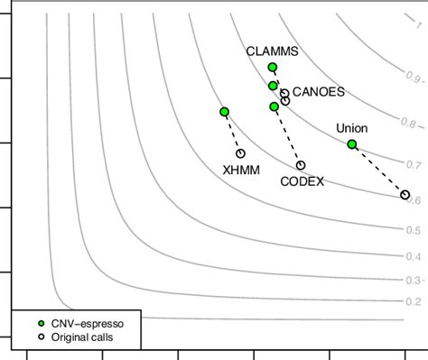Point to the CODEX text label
tap(301, 181)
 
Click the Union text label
tap(351, 128)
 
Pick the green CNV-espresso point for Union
tap(352, 144)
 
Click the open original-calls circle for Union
tap(405, 195)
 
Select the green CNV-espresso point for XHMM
tap(224, 112)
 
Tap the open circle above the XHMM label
tap(241, 153)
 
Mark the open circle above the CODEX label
tap(301, 165)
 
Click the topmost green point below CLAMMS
tap(273, 68)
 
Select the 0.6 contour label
tap(413, 200)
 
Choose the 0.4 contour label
tap(413, 257)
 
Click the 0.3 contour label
tap(413, 281)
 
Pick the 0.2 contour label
tap(413, 301)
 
